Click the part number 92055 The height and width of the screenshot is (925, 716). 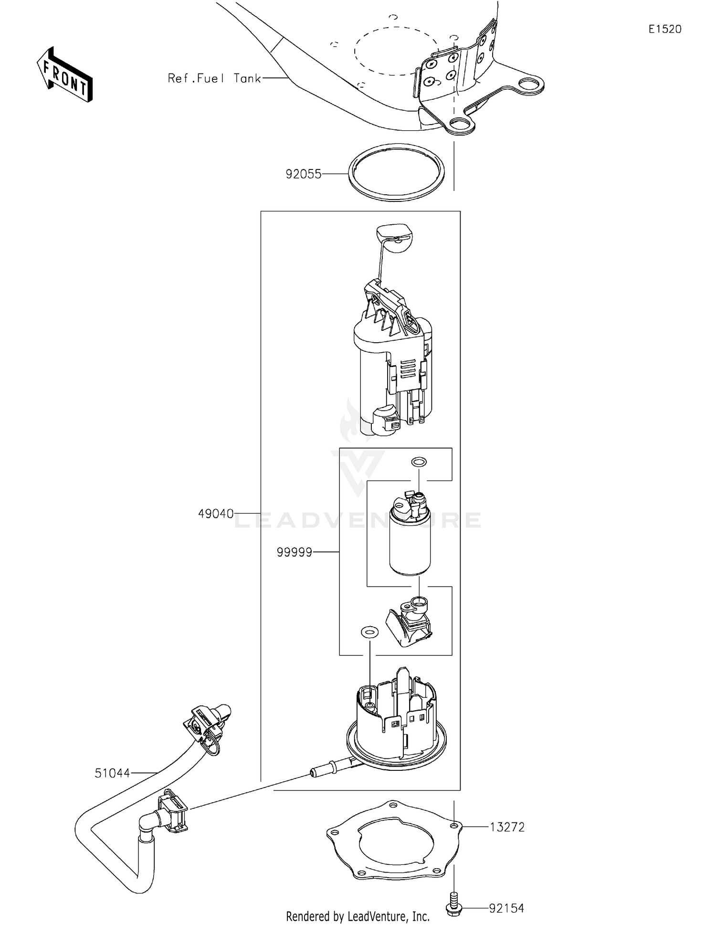(304, 174)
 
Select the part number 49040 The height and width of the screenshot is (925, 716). (216, 514)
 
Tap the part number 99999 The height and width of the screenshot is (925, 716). (295, 552)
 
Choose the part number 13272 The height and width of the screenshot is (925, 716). (507, 827)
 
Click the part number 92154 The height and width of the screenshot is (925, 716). (506, 908)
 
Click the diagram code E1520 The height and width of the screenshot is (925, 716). (665, 29)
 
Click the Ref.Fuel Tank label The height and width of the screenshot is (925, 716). (214, 78)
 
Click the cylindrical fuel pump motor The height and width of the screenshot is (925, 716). (410, 544)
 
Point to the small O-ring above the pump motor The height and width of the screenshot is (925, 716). (419, 462)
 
